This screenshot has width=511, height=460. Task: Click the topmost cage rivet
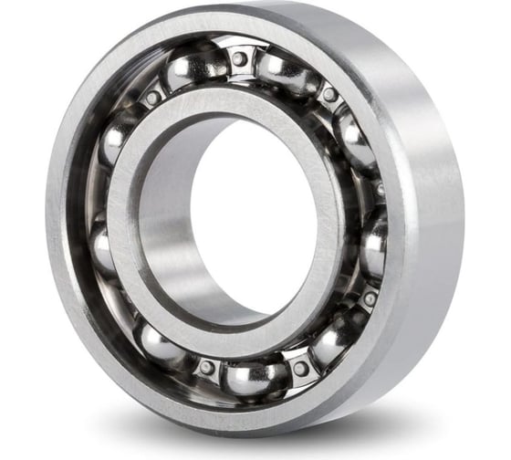pos(240,58)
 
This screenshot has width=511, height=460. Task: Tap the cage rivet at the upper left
pos(152,97)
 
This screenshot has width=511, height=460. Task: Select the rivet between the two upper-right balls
pos(329,94)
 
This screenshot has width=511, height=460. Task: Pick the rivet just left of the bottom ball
pos(207,367)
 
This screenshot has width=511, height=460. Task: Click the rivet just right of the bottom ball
pos(300,369)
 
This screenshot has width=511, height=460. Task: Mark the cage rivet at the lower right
pos(369,298)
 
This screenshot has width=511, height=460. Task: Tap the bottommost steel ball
pos(253,377)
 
